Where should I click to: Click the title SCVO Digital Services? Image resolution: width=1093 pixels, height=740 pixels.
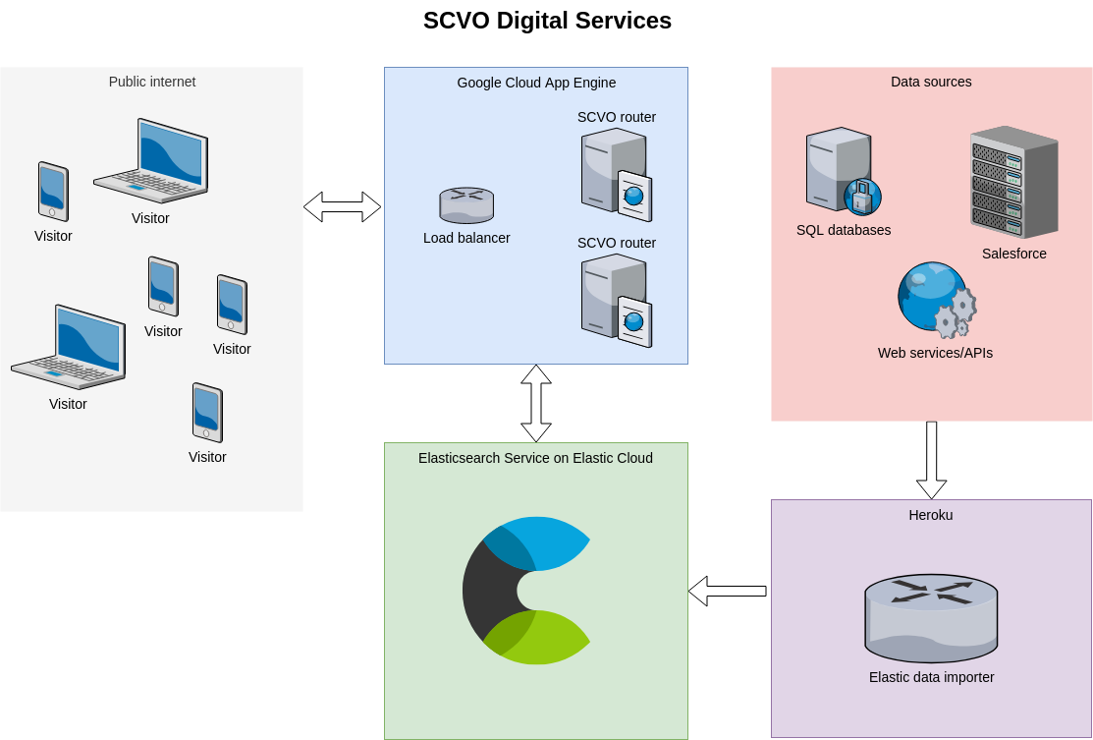click(547, 21)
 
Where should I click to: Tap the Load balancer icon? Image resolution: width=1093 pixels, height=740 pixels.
click(466, 205)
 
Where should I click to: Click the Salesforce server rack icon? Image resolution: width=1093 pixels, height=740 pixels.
click(1014, 182)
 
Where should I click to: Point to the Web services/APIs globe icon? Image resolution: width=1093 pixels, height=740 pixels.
click(937, 300)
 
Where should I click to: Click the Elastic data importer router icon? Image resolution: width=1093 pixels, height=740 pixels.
click(931, 619)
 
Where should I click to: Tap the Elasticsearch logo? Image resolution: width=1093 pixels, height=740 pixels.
click(526, 590)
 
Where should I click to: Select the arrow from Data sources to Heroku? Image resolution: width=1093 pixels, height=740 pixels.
click(931, 460)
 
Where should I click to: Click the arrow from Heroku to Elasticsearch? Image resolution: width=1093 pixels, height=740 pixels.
click(727, 591)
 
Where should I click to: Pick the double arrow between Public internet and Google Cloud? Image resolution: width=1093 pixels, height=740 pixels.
click(343, 207)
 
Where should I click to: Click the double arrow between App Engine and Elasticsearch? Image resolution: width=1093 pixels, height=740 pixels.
click(536, 403)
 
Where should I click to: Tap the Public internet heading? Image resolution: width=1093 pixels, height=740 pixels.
click(152, 82)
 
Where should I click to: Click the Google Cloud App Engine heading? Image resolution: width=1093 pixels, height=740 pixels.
click(536, 83)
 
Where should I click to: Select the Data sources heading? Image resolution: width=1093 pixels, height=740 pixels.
click(931, 82)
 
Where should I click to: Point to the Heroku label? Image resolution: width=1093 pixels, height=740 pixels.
click(931, 515)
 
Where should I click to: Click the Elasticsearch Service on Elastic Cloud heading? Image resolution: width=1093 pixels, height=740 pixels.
click(535, 458)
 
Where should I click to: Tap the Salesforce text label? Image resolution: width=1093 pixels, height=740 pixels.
click(1014, 254)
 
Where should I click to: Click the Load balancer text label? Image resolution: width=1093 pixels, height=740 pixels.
click(466, 238)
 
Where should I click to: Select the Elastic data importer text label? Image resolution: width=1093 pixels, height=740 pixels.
click(931, 677)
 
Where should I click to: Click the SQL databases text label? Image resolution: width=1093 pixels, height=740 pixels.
click(844, 230)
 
